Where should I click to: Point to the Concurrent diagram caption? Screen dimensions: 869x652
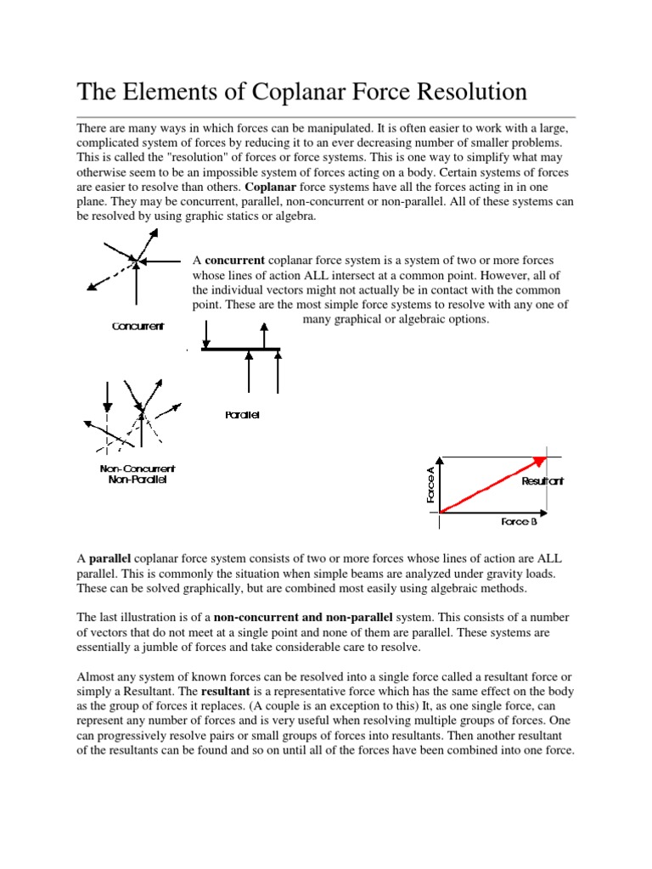point(138,326)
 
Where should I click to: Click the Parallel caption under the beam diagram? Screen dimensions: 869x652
point(242,415)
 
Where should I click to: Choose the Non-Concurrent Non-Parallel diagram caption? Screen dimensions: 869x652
point(138,474)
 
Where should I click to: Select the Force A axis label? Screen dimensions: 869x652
point(430,485)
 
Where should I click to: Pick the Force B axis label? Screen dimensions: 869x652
point(519,522)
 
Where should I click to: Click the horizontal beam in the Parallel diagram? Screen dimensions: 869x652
point(240,349)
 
